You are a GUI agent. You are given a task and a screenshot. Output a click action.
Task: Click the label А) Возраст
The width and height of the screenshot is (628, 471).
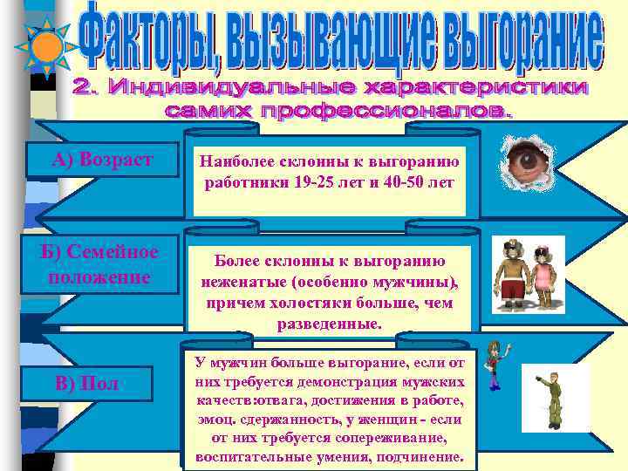click(x=102, y=160)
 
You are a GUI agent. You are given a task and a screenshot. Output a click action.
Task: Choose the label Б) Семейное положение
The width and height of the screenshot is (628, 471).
click(x=103, y=264)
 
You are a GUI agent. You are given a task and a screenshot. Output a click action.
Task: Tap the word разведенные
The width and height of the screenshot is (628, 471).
click(x=330, y=324)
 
